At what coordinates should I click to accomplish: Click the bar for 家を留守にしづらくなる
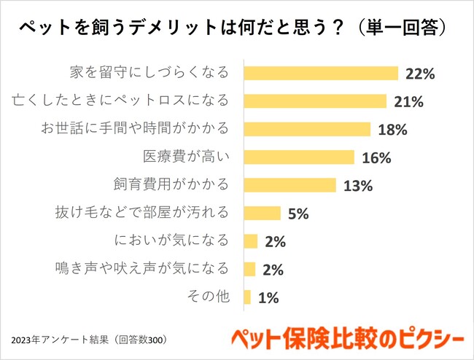coord(321,73)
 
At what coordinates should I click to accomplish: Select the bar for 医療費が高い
coord(299,157)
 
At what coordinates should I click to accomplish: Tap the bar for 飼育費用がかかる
coord(290,185)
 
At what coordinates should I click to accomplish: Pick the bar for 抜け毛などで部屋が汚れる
coord(262,213)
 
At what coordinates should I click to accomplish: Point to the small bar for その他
coord(247,297)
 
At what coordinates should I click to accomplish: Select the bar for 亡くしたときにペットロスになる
coord(315,101)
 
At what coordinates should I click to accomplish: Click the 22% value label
coord(421,74)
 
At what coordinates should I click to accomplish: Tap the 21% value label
coord(409,101)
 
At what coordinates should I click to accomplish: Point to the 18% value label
coord(392,130)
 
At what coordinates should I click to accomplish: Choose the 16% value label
coord(376,158)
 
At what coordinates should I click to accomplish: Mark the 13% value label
coord(357,186)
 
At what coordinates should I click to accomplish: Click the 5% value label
coord(298,214)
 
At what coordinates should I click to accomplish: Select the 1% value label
coord(268,297)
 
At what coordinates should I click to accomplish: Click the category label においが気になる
coord(172,240)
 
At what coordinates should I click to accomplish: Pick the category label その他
coord(209,297)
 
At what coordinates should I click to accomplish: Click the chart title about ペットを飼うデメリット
coord(233,28)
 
